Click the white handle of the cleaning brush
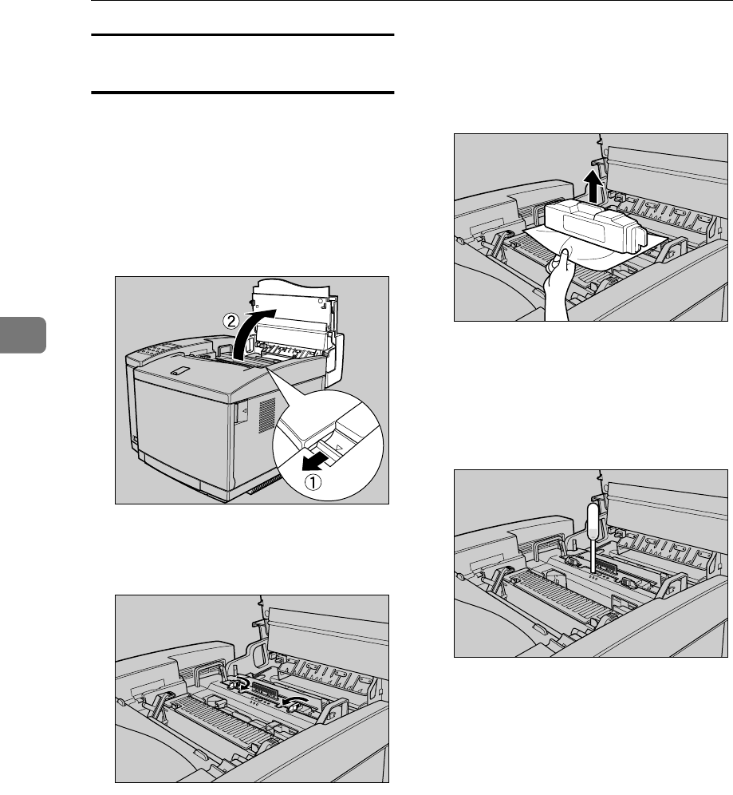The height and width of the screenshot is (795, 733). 593,524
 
